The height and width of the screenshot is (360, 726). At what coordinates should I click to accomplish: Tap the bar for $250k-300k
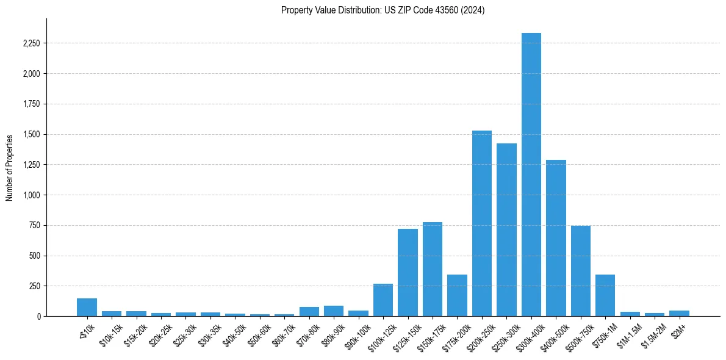506,229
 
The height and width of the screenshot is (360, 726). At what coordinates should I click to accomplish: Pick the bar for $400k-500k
556,238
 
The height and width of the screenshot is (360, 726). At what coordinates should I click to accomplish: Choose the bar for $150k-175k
433,269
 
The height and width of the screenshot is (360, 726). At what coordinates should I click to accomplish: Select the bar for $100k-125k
383,300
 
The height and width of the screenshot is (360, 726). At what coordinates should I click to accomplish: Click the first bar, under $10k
87,308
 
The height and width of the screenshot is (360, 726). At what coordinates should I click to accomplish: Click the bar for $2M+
679,313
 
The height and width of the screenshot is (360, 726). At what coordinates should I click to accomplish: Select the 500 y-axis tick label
34,256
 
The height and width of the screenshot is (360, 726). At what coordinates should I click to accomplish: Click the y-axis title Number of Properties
9,168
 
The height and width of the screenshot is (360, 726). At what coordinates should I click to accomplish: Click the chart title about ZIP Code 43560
383,10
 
